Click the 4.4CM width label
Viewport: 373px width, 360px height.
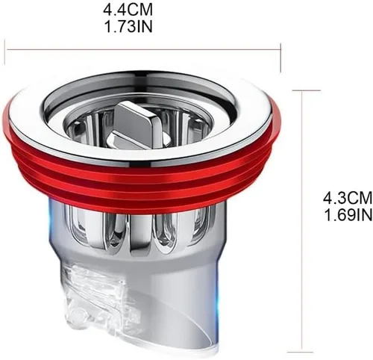pyautogui.click(x=128, y=10)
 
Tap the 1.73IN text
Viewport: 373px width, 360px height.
pyautogui.click(x=128, y=27)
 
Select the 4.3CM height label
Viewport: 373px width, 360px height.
pyautogui.click(x=348, y=198)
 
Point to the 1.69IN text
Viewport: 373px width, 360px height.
pyautogui.click(x=348, y=214)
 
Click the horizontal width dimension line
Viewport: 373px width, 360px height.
pyautogui.click(x=142, y=50)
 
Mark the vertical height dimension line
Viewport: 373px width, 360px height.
pyautogui.click(x=302, y=221)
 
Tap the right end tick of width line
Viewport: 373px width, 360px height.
pyautogui.click(x=280, y=58)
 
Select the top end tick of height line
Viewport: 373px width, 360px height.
pyautogui.click(x=307, y=90)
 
